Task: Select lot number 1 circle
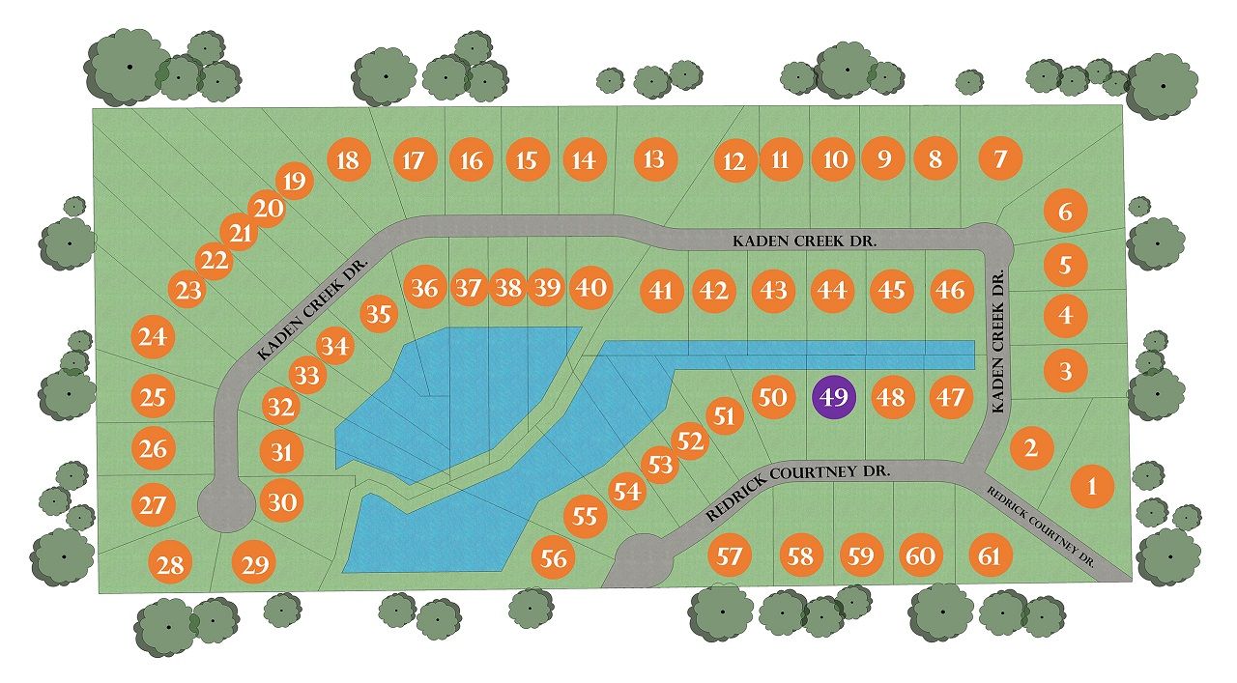1093,487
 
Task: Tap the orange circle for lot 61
991,556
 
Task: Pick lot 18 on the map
347,159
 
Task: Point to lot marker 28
170,563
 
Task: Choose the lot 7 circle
1000,157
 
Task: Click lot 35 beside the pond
381,315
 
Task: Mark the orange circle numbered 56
554,557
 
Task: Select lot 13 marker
654,158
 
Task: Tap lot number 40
590,288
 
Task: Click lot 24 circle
152,337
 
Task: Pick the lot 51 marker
725,416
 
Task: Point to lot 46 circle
951,290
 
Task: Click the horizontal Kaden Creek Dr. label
803,241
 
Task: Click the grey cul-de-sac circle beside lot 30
224,504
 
